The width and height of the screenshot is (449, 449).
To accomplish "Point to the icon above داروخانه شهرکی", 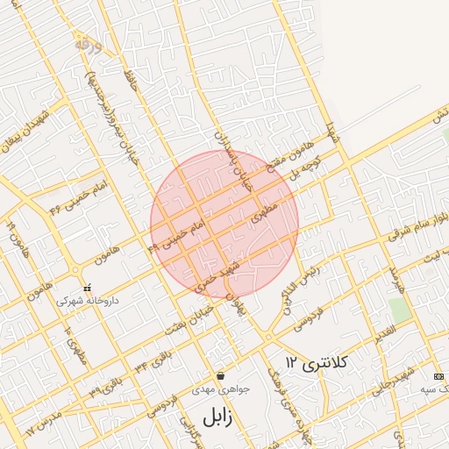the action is click(87, 288).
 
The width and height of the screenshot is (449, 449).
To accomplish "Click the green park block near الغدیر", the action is click(400, 310).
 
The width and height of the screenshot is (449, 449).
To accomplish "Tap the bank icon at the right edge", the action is click(439, 375).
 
